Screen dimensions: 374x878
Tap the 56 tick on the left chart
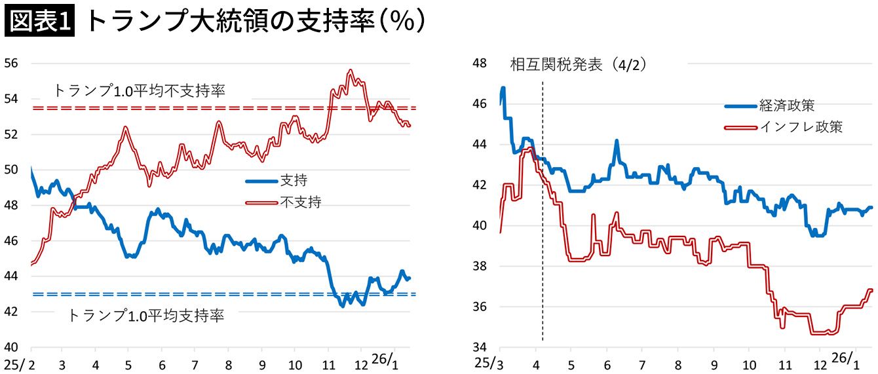pos(12,64)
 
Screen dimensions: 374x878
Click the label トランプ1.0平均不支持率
pos(139,91)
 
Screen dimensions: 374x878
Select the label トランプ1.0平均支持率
pos(145,316)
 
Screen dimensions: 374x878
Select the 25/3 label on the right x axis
pos(487,362)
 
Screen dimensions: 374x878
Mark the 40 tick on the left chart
pos(12,347)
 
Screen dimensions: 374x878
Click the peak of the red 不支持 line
pos(351,71)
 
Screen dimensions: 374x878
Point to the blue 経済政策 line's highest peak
pos(503,88)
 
